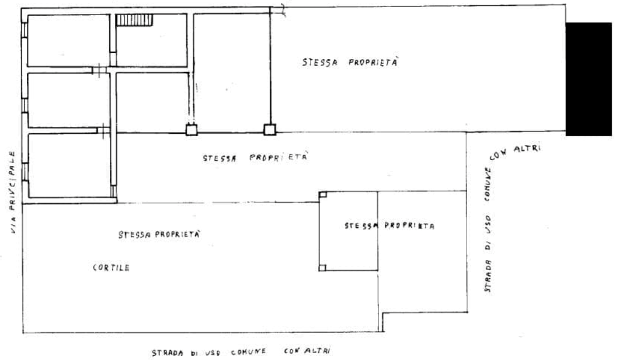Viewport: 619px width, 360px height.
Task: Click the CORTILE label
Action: click(x=110, y=268)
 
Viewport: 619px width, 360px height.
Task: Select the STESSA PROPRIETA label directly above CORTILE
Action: click(x=159, y=235)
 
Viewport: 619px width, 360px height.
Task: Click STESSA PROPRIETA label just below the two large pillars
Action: click(x=255, y=158)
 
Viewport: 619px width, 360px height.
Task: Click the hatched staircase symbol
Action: click(x=134, y=21)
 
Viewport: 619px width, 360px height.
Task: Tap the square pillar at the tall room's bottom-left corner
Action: click(x=191, y=129)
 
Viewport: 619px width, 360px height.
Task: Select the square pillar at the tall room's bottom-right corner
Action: click(x=270, y=130)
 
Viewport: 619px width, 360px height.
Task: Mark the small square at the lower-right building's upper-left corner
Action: click(x=322, y=193)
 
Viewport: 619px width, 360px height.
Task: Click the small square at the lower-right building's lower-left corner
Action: click(x=322, y=268)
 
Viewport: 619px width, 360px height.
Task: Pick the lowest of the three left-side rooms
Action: click(x=68, y=165)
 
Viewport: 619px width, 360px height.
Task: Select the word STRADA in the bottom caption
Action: click(x=166, y=353)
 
